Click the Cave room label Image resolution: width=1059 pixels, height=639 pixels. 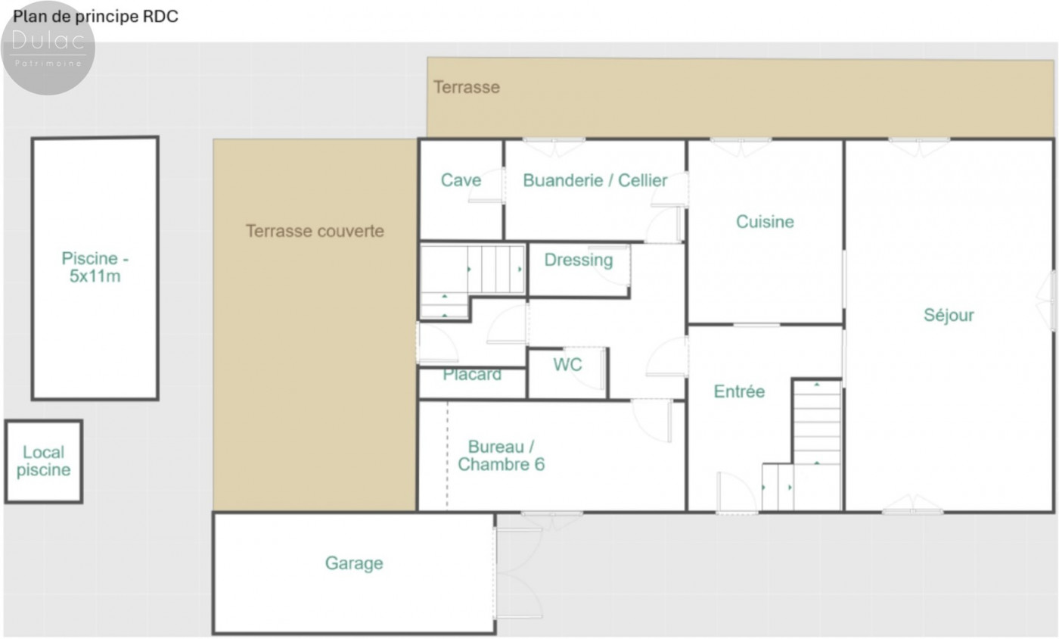point(461,180)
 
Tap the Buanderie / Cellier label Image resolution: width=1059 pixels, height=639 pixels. point(595,180)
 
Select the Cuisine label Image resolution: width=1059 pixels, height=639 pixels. point(765,222)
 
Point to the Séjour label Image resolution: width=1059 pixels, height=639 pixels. point(949,315)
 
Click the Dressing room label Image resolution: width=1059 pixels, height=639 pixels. point(578,260)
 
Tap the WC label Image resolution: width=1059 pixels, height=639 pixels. point(567,364)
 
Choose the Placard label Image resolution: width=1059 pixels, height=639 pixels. point(472,375)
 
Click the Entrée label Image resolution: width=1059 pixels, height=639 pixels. point(739,391)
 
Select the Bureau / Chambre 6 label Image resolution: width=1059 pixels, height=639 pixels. point(501,455)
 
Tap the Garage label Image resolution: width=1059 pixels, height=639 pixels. point(354,563)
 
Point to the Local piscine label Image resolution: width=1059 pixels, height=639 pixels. point(44,461)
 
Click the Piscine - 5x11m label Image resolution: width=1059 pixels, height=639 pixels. point(95,267)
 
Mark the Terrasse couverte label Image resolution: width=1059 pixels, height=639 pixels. point(315,231)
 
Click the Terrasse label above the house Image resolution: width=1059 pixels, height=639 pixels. point(467,87)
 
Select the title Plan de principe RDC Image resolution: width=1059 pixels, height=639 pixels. point(95,17)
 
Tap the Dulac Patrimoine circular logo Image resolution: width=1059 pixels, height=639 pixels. point(48,48)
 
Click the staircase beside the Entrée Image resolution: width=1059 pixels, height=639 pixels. point(816,445)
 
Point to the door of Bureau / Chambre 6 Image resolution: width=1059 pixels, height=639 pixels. point(652,421)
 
